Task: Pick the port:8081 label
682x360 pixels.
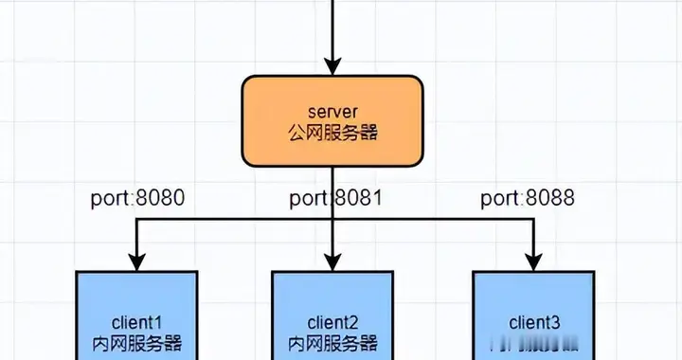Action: [x=334, y=199]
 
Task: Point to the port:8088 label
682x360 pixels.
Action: [x=528, y=199]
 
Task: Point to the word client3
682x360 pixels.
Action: [x=532, y=323]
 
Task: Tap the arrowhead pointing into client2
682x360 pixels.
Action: [x=332, y=261]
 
